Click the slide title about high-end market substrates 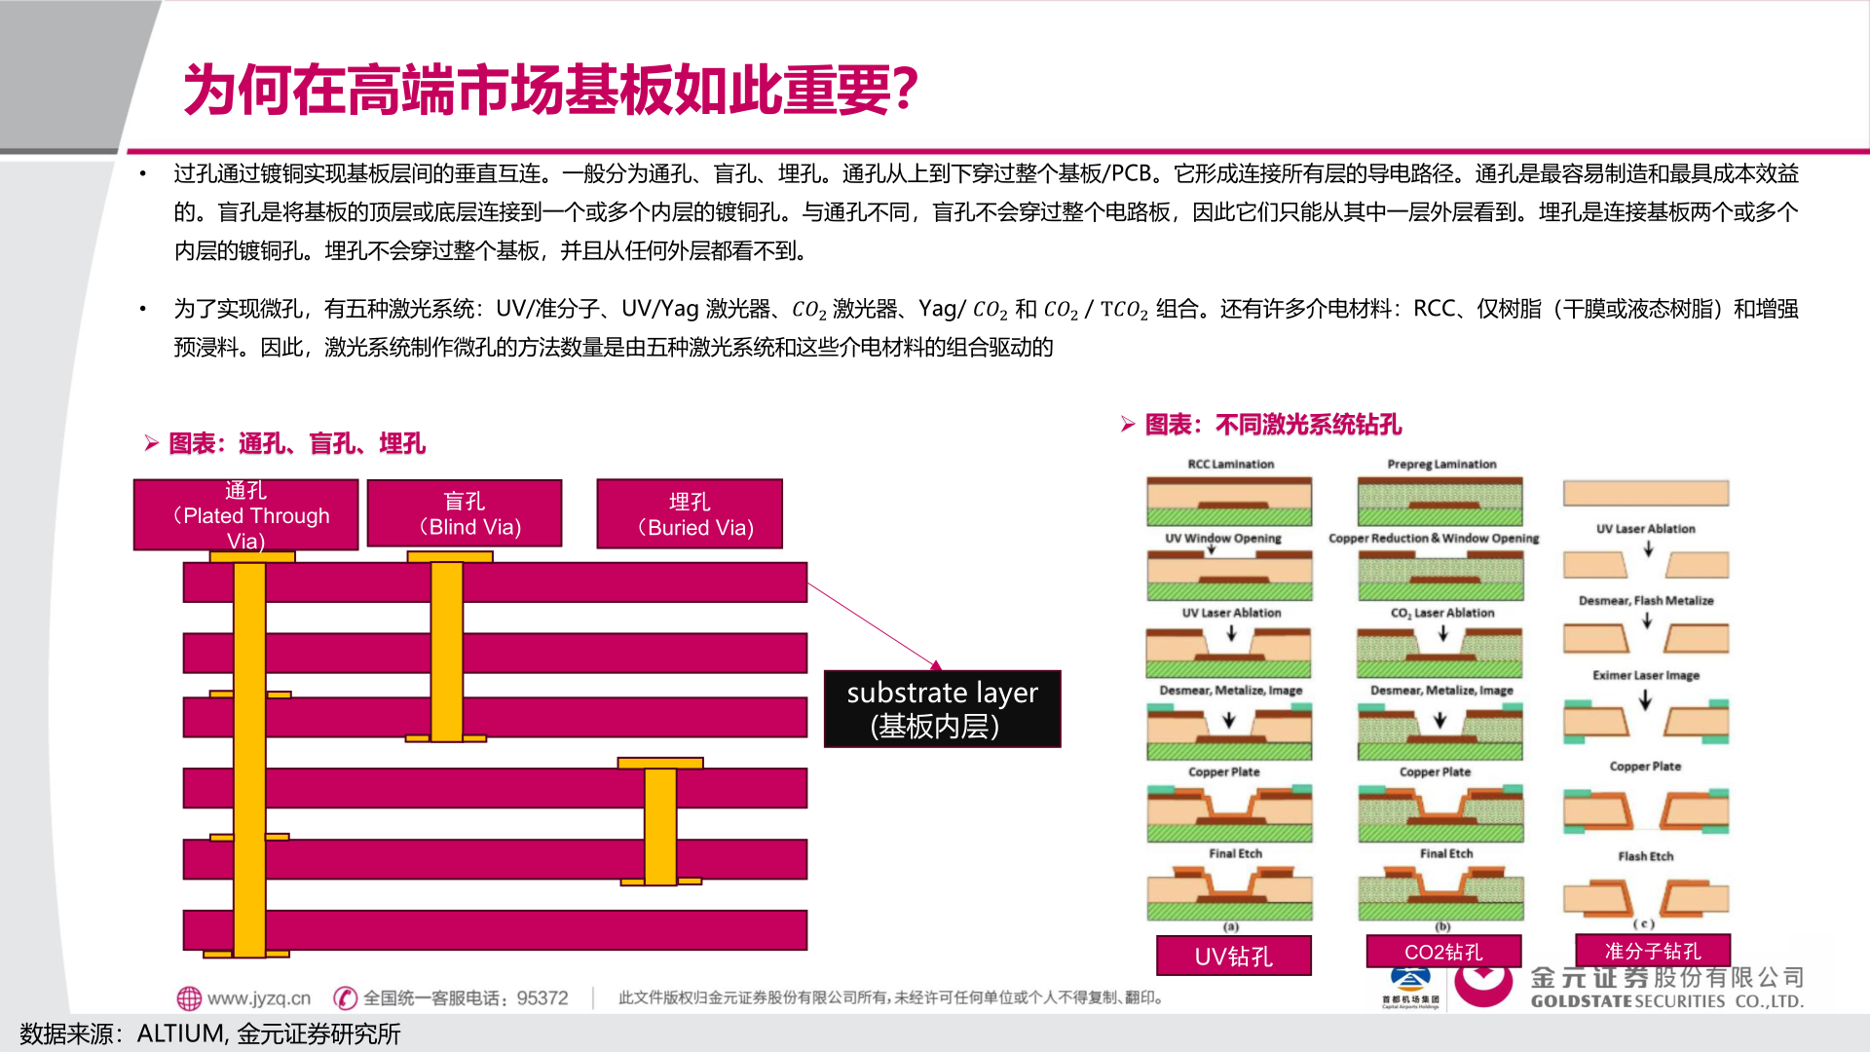(550, 90)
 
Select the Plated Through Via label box (245, 515)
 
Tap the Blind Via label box (465, 513)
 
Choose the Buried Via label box (690, 514)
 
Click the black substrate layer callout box (942, 709)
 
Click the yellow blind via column (447, 651)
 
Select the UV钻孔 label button (1233, 956)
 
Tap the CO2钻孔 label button (1443, 952)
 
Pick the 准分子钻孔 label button (1652, 951)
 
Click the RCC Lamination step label (1230, 465)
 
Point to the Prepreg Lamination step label (1441, 465)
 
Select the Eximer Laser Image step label (1645, 675)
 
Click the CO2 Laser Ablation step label (1441, 613)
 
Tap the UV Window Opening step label (1222, 538)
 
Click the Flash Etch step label (1645, 856)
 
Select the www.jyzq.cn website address (258, 998)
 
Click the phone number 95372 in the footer (542, 998)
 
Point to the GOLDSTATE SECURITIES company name (1666, 1001)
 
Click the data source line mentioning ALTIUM (210, 1033)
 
